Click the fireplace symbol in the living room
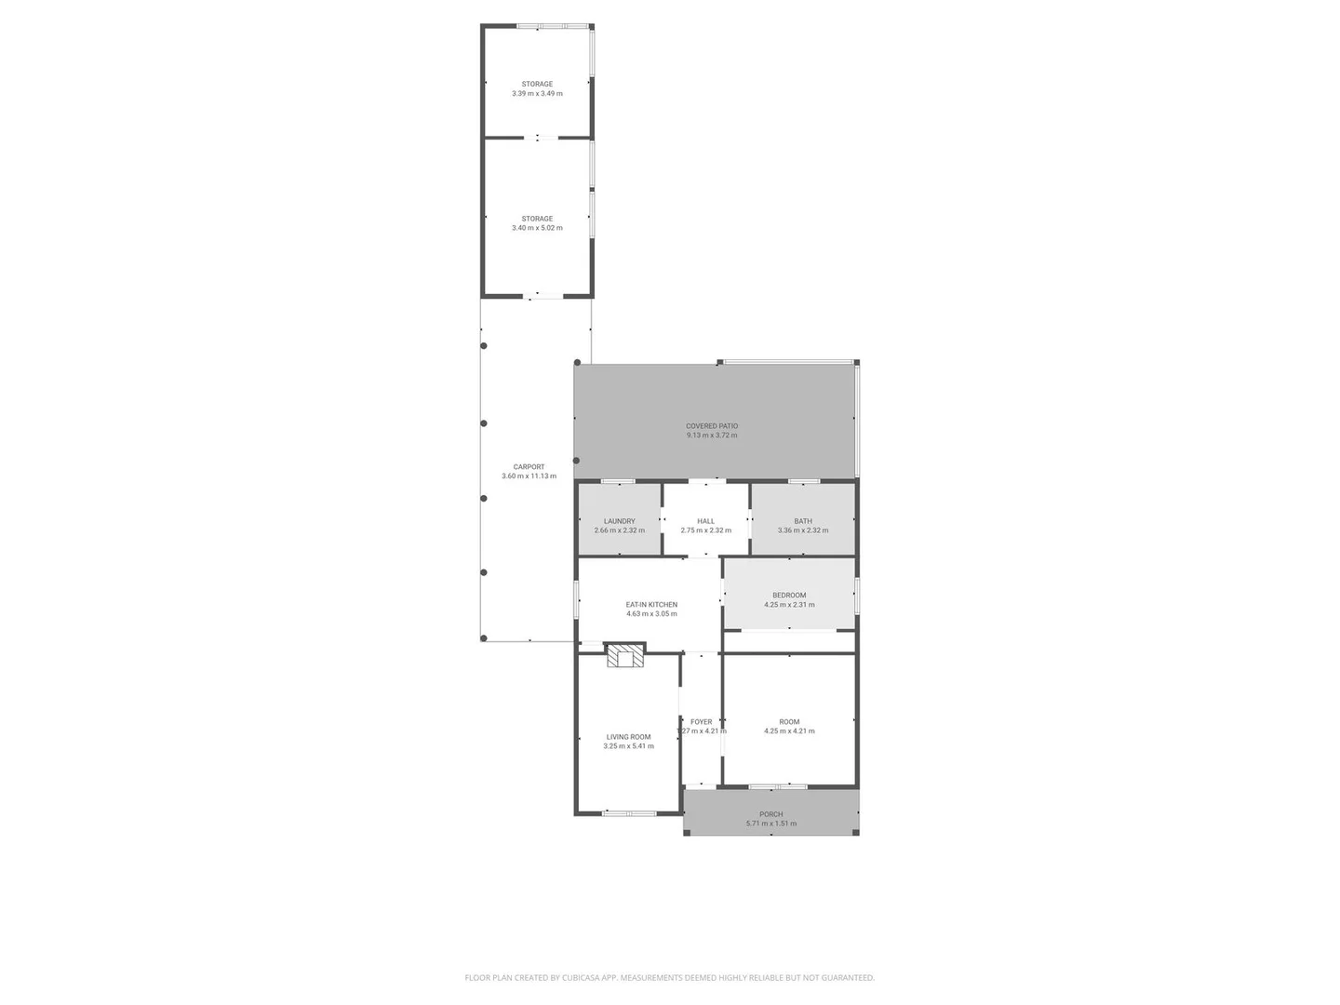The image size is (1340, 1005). pyautogui.click(x=624, y=655)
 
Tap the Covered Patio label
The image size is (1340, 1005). pyautogui.click(x=712, y=426)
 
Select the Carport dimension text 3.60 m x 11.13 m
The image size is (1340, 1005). pyautogui.click(x=529, y=476)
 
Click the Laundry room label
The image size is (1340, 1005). pyautogui.click(x=619, y=521)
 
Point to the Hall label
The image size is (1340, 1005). pyautogui.click(x=705, y=521)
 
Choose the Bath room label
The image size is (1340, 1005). pyautogui.click(x=803, y=521)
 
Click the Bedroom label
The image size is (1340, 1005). pyautogui.click(x=789, y=596)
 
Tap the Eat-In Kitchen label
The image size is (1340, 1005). pyautogui.click(x=651, y=605)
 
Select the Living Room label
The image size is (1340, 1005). pyautogui.click(x=628, y=737)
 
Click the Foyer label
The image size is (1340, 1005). pyautogui.click(x=701, y=722)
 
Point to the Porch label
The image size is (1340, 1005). pyautogui.click(x=770, y=814)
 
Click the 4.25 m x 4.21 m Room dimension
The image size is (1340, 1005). pyautogui.click(x=789, y=731)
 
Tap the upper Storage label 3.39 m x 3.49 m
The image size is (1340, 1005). pyautogui.click(x=537, y=88)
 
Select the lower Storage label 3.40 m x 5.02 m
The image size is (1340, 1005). pyautogui.click(x=537, y=223)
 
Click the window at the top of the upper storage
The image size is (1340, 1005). pyautogui.click(x=553, y=26)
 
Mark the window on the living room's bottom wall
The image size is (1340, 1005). pyautogui.click(x=629, y=813)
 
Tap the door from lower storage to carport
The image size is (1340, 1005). pyautogui.click(x=543, y=297)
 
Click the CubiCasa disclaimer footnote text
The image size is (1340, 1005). pyautogui.click(x=669, y=978)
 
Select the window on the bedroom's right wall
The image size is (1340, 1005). pyautogui.click(x=856, y=596)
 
